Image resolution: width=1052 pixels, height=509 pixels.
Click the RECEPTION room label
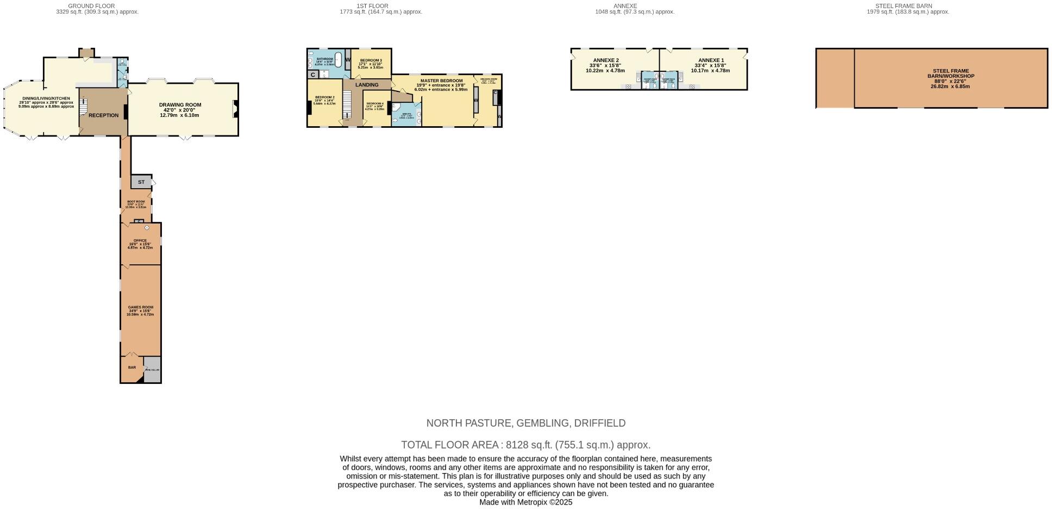point(103,115)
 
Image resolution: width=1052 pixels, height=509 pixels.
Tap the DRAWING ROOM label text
point(180,105)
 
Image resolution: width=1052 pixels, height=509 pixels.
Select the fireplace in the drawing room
point(235,109)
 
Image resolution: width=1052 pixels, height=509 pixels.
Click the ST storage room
point(141,182)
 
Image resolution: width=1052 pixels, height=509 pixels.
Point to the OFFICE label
point(140,240)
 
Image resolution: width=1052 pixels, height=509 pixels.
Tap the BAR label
point(132,368)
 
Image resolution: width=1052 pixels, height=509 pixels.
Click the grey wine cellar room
point(153,370)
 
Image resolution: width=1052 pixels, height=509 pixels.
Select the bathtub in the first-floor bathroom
point(338,59)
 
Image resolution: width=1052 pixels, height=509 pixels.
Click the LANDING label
point(367,85)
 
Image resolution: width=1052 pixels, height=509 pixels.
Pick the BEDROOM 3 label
point(371,60)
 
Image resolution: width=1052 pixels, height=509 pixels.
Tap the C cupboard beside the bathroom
point(313,75)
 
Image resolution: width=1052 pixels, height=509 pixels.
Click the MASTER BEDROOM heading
point(441,80)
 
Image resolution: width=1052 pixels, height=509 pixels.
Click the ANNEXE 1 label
point(711,60)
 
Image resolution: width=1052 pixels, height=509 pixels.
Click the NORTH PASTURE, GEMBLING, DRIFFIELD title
point(525,423)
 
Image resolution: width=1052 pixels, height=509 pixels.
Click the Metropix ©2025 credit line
point(525,502)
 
